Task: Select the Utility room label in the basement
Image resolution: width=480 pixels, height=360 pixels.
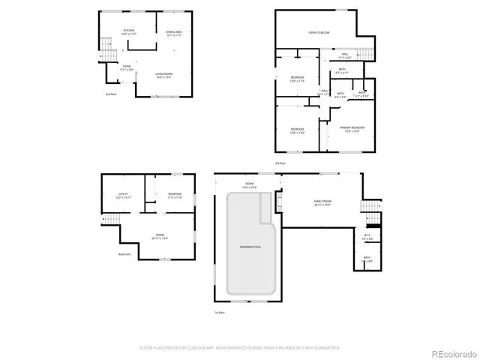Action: coord(123,196)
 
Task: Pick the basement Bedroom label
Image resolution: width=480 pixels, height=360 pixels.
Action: coord(174,196)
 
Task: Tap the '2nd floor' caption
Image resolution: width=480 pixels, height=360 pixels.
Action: coord(110,94)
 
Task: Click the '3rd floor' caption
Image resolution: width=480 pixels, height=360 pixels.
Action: coord(280,163)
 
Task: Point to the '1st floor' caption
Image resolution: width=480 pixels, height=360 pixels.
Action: coord(218,312)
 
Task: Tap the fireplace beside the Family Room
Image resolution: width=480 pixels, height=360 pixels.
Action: coord(279,202)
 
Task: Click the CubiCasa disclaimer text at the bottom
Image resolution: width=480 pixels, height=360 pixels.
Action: coord(240,348)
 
